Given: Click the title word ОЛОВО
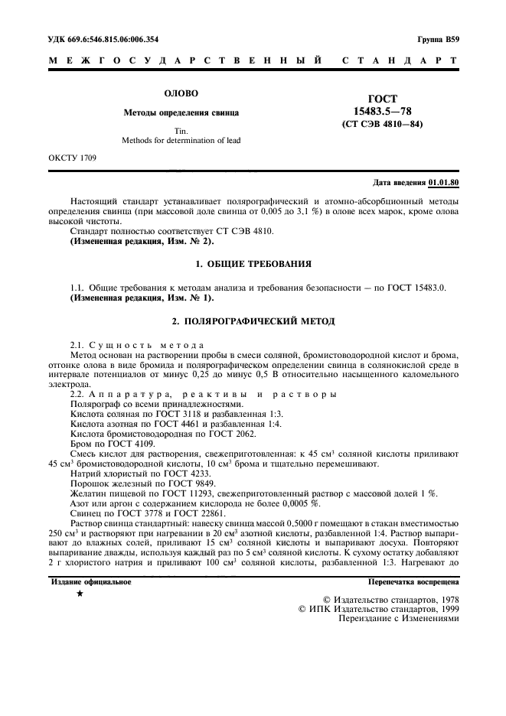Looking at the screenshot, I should point(181,93).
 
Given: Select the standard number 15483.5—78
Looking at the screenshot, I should point(381,111).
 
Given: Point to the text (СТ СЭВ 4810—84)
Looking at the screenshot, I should point(381,123).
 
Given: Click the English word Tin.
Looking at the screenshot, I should point(181,130).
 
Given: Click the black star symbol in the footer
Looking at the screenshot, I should point(80,594).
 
